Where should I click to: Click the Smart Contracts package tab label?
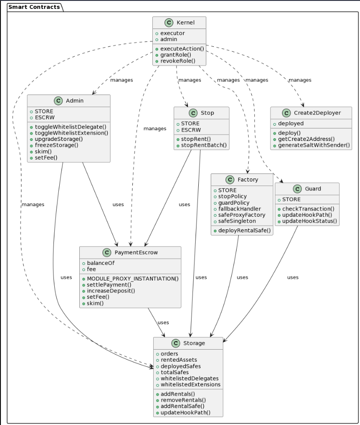pyautogui.click(x=34, y=7)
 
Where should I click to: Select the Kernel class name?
pyautogui.click(x=185, y=22)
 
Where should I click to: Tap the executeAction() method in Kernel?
pyautogui.click(x=182, y=49)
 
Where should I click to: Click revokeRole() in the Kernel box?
pyautogui.click(x=177, y=61)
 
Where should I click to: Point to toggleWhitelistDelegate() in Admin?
pyautogui.click(x=70, y=127)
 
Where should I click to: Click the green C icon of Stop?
pyautogui.click(x=193, y=113)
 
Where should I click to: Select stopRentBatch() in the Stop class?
pyautogui.click(x=204, y=145)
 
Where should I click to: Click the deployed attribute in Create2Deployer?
pyautogui.click(x=291, y=124)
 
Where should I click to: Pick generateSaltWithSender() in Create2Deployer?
pyautogui.click(x=314, y=145)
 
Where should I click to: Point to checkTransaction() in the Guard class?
pyautogui.click(x=308, y=209)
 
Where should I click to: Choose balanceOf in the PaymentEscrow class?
pyautogui.click(x=101, y=263)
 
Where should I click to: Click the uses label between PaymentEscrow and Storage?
pyautogui.click(x=163, y=322)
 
